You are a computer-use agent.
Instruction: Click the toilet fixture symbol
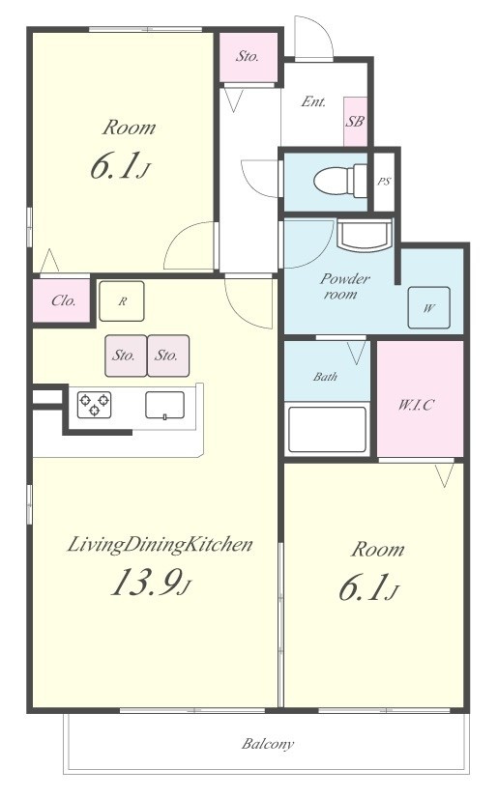[340, 180]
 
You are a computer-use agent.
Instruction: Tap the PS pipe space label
[384, 181]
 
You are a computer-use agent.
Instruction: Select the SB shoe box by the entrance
[356, 122]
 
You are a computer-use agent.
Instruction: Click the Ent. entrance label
[313, 101]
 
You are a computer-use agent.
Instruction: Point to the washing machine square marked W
[428, 308]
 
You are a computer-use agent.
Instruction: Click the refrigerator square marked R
[122, 301]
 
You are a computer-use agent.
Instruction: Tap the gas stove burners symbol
[94, 405]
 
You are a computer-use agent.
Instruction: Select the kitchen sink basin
[165, 405]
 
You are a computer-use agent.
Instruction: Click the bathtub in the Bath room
[328, 430]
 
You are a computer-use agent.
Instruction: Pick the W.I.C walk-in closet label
[416, 405]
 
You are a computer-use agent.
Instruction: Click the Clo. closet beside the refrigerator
[62, 300]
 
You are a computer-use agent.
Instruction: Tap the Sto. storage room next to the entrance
[249, 56]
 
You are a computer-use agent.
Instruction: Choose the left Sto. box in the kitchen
[126, 356]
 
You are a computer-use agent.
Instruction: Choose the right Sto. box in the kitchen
[168, 356]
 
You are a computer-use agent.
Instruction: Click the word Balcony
[267, 745]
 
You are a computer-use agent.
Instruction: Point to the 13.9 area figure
[145, 583]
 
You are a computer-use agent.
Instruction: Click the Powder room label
[344, 287]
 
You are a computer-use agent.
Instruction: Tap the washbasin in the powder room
[365, 235]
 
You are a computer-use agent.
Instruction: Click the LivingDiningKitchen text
[160, 545]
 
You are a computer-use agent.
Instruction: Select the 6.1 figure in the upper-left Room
[114, 167]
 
